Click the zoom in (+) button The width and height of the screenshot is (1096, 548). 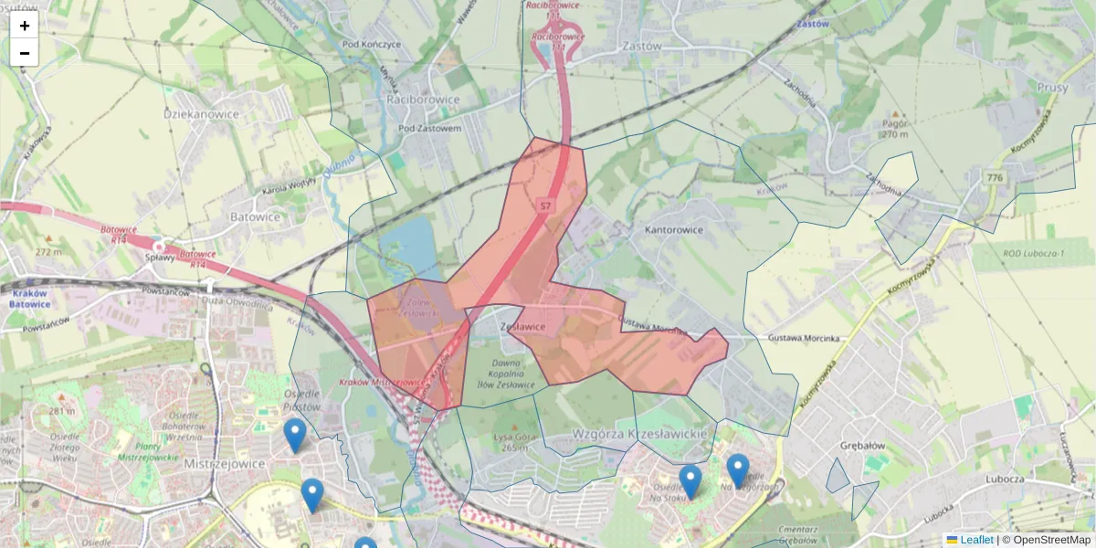[25, 26]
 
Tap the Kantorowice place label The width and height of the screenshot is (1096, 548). [674, 230]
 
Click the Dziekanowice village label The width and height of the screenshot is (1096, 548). [201, 114]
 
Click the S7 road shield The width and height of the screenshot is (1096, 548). [545, 205]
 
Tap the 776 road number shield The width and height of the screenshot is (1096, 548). [994, 177]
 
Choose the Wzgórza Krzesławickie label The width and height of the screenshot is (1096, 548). [639, 433]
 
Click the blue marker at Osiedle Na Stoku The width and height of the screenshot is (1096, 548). [690, 481]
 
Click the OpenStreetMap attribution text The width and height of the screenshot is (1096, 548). [1051, 540]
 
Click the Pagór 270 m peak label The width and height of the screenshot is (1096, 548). [895, 129]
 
